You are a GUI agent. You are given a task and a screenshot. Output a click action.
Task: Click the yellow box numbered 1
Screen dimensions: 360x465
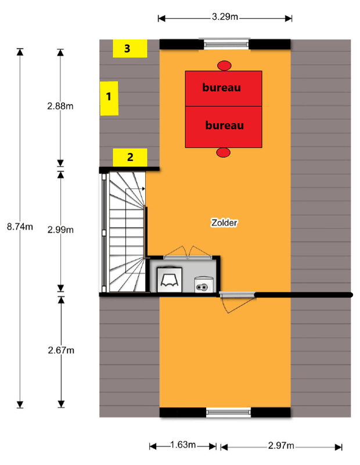[x=109, y=98]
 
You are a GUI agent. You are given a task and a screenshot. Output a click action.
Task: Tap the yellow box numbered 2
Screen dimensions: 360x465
[x=130, y=158]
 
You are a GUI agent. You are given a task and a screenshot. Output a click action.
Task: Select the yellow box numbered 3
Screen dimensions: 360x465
[x=130, y=48]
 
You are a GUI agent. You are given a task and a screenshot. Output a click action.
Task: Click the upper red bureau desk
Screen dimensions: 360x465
[x=224, y=88]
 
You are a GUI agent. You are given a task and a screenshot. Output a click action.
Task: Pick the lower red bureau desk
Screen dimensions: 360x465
[x=224, y=127]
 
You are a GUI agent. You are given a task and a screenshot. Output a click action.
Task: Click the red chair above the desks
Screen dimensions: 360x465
[x=224, y=66]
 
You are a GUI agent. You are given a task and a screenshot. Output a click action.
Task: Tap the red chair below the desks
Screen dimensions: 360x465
[x=223, y=152]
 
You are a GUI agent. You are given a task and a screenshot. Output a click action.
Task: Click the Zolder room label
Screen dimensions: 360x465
[x=224, y=223]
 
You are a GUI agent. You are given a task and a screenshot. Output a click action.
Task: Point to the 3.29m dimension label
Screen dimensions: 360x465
[x=225, y=17]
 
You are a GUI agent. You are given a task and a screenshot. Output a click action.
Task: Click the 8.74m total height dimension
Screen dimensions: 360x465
[x=20, y=227]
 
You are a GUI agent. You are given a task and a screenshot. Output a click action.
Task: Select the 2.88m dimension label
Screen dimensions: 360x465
[x=60, y=106]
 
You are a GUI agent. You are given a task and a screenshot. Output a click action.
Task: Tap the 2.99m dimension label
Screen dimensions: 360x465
[x=60, y=230]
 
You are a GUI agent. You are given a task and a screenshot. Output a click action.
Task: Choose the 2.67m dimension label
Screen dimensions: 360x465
[x=61, y=350]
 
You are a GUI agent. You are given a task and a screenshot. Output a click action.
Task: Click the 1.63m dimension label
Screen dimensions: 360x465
[x=183, y=445]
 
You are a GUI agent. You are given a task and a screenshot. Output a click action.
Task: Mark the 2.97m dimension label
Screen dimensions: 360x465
[x=281, y=445]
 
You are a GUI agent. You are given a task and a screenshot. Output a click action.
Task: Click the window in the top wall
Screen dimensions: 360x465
[x=226, y=44]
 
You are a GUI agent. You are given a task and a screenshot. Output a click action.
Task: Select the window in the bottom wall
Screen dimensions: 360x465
[x=228, y=412]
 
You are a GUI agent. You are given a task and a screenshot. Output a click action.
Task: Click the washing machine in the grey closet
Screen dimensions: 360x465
[x=169, y=280]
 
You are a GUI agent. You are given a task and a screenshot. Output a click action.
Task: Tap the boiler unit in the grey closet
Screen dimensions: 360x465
[x=204, y=284]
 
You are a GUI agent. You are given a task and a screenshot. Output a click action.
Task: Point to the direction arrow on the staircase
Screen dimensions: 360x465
[x=135, y=188]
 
